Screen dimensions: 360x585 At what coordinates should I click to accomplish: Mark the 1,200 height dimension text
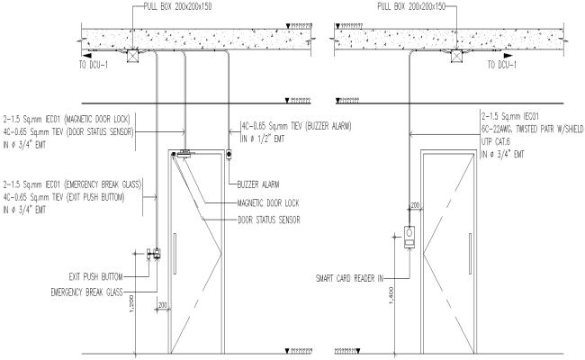(131, 305)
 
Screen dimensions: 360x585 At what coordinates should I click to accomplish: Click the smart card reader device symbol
(409, 237)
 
